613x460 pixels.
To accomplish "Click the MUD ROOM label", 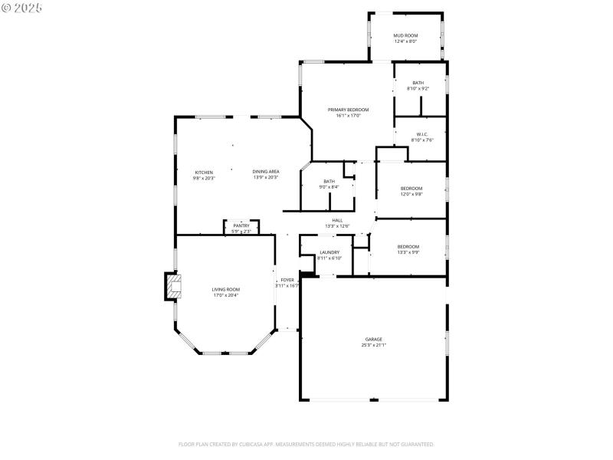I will (x=405, y=36).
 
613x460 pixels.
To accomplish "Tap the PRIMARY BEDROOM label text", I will (x=349, y=110).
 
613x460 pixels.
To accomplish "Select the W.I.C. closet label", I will (x=421, y=135).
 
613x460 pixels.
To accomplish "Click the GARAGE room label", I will (x=373, y=339).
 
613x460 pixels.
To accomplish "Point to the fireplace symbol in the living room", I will (x=173, y=287).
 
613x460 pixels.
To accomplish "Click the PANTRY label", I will (x=241, y=225).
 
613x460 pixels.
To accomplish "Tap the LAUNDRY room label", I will (x=329, y=252).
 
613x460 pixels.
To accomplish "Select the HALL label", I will (x=337, y=220).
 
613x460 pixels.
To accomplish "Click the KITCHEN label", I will (x=204, y=172).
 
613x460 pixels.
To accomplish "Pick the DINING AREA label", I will (x=266, y=172).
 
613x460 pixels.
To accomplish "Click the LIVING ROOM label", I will (x=226, y=289).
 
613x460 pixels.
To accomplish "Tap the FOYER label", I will (x=287, y=280).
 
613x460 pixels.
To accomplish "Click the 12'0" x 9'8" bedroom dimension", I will (x=411, y=194).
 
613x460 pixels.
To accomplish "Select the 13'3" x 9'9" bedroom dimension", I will (x=408, y=252).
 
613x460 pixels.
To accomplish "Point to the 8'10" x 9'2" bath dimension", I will (x=418, y=88).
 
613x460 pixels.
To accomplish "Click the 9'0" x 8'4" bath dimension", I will (x=329, y=186).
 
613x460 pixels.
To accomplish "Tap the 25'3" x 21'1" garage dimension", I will (x=373, y=345).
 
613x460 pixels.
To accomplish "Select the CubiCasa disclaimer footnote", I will (x=306, y=444).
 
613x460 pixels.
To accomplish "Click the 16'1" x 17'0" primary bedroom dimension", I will (x=349, y=116).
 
